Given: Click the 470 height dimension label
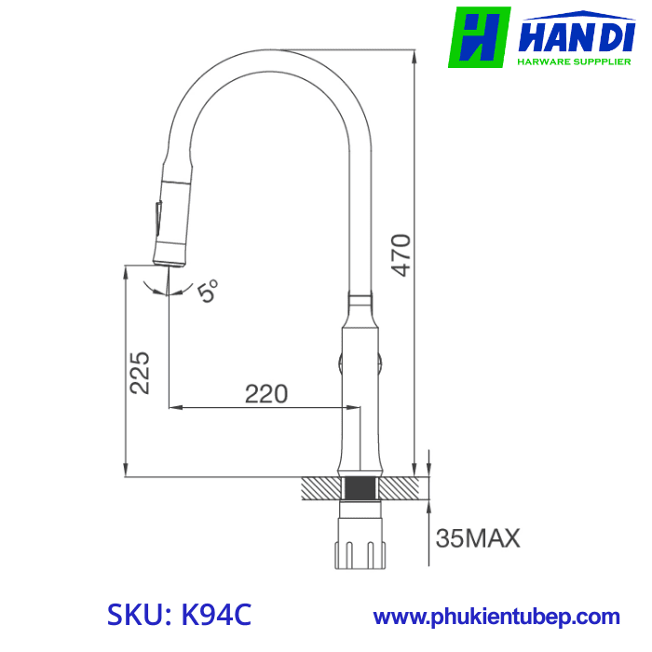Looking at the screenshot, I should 401,253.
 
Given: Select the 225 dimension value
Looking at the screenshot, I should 140,373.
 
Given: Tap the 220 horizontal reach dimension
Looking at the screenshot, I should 265,394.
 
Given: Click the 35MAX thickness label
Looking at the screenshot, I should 478,537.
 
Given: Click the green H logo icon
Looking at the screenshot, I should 480,37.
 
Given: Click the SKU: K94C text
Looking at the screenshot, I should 180,616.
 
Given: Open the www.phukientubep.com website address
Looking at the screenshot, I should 496,617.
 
